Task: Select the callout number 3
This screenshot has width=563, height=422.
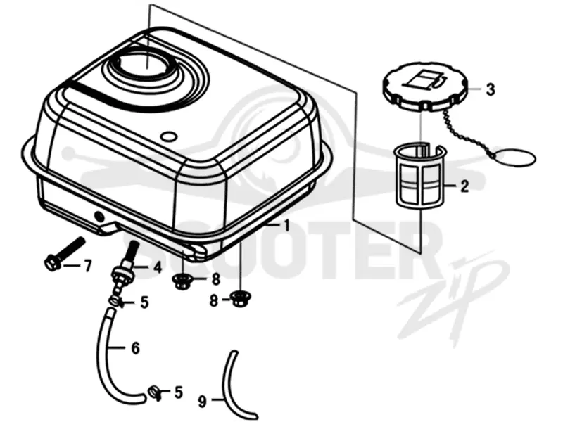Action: pos(490,89)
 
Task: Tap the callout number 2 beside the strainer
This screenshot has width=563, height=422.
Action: pos(464,186)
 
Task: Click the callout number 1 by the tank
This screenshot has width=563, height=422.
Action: pos(286,226)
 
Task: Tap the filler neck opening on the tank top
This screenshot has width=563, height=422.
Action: pos(146,68)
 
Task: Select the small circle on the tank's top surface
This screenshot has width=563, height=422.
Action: pos(168,136)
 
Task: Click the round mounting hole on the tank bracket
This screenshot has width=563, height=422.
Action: pos(98,216)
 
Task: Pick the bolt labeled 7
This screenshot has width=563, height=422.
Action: pos(65,254)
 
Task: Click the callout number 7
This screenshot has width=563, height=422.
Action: pos(87,266)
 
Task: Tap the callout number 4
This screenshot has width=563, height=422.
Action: pos(158,267)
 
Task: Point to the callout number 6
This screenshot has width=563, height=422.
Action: pos(135,348)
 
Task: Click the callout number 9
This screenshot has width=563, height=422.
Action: pos(203,402)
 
